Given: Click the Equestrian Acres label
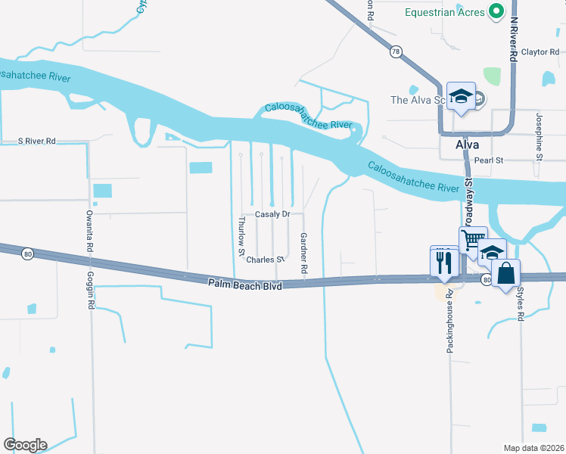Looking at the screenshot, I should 445,11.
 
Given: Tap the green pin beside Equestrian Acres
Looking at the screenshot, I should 496,11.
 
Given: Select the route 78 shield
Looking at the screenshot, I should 396,51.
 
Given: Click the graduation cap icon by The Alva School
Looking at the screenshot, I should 461,96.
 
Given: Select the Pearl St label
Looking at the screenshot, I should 488,160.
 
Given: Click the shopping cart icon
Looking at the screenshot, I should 472,240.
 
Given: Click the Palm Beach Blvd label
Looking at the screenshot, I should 244,285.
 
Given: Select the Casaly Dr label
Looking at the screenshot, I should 272,214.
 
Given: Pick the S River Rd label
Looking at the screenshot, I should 37,141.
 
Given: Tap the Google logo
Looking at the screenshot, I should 25,444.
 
